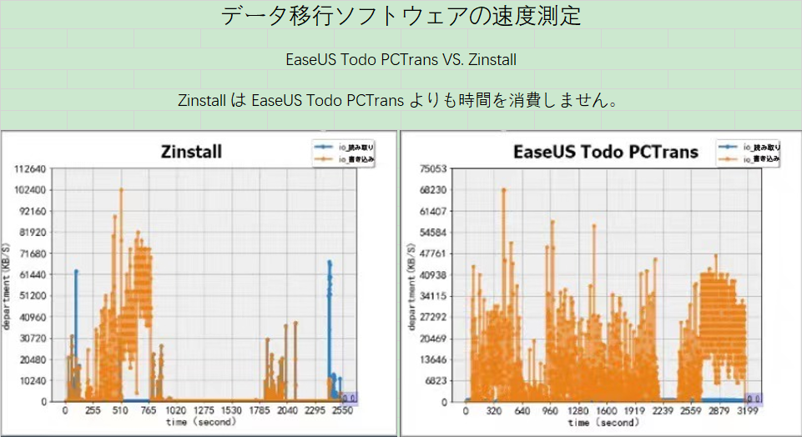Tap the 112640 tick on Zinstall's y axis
tap(30, 169)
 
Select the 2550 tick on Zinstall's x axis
tap(342, 411)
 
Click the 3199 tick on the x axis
tap(747, 411)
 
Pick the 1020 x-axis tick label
tap(175, 411)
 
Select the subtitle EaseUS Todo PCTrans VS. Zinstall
tap(401, 60)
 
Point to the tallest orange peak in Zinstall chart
tap(121, 190)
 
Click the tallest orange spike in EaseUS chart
tap(504, 190)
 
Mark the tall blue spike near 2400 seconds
tap(329, 264)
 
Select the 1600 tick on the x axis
tap(607, 411)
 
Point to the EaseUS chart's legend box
tap(749, 153)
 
